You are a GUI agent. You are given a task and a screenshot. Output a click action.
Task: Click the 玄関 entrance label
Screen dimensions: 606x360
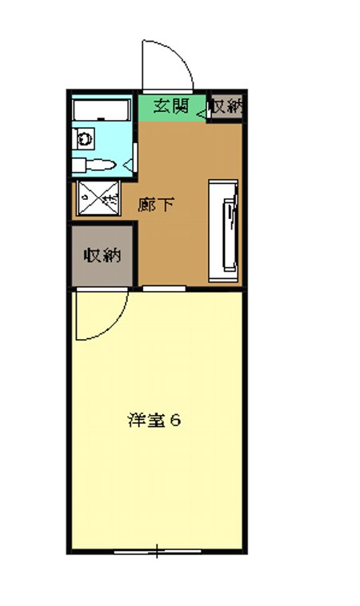[170, 106]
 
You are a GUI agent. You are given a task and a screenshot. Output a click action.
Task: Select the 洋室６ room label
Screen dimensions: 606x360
[154, 420]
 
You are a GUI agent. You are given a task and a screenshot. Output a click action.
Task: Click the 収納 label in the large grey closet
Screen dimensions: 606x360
[102, 256]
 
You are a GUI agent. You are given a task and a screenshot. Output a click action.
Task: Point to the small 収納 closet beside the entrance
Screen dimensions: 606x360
[226, 106]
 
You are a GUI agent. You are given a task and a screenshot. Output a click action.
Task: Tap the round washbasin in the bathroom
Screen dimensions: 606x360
[84, 138]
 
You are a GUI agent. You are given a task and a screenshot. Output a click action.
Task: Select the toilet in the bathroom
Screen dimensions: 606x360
[102, 165]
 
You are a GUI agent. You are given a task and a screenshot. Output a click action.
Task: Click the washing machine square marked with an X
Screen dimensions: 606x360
[98, 198]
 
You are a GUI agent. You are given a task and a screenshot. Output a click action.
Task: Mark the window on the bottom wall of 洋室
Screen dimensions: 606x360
[157, 551]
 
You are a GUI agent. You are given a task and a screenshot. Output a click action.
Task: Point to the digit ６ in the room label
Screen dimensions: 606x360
[174, 420]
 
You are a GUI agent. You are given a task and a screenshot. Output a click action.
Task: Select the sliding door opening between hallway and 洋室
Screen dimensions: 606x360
[164, 287]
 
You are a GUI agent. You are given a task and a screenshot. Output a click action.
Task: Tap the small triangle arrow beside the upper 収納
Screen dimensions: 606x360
[200, 112]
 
